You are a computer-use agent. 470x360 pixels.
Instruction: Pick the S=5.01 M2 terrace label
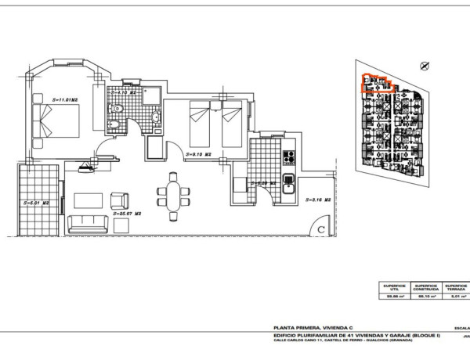[x=36, y=201]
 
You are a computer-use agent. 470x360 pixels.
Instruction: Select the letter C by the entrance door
[x=321, y=229]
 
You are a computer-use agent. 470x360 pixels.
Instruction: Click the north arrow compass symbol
[x=425, y=66]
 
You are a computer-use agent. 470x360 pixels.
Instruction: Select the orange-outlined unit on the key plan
[x=376, y=82]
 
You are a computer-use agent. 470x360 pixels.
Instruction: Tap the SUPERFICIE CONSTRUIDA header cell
[x=427, y=288]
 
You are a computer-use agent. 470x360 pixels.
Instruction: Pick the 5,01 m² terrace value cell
[x=457, y=297]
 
